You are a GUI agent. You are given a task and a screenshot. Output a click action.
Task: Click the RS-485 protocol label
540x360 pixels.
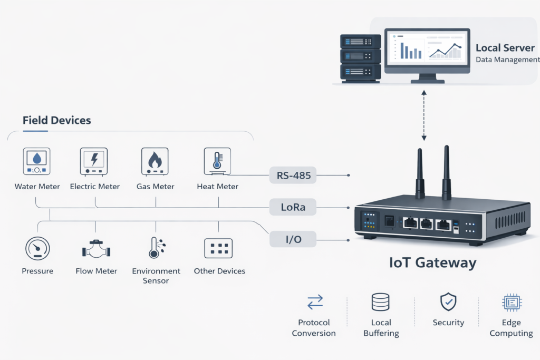click(x=293, y=174)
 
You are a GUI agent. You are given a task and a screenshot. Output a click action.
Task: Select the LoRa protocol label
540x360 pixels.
click(x=293, y=207)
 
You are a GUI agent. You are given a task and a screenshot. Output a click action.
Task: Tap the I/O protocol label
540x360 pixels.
click(x=293, y=240)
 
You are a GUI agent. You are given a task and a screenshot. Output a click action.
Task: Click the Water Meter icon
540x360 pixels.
click(x=37, y=161)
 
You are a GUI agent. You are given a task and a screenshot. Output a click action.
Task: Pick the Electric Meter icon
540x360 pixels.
click(x=94, y=161)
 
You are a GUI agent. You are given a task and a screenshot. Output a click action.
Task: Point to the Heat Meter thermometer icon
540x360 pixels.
click(x=217, y=161)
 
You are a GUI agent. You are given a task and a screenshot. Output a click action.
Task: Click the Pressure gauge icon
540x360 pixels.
click(x=37, y=248)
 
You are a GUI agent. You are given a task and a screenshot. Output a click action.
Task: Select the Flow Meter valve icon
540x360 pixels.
click(x=95, y=249)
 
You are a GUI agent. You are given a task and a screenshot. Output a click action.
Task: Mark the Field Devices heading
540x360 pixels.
click(x=56, y=120)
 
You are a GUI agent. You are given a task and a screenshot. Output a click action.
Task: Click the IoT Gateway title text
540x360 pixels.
click(x=432, y=262)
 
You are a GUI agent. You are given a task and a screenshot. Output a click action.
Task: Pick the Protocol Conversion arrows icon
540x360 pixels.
click(x=315, y=302)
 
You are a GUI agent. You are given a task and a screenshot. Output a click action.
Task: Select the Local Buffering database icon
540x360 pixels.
click(x=381, y=302)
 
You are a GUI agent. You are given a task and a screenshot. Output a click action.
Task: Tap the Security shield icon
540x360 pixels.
click(x=448, y=301)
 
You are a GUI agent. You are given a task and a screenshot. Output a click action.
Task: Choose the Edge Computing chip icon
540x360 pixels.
click(x=511, y=302)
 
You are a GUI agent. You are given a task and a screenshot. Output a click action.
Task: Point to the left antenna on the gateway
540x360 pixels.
click(x=420, y=174)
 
